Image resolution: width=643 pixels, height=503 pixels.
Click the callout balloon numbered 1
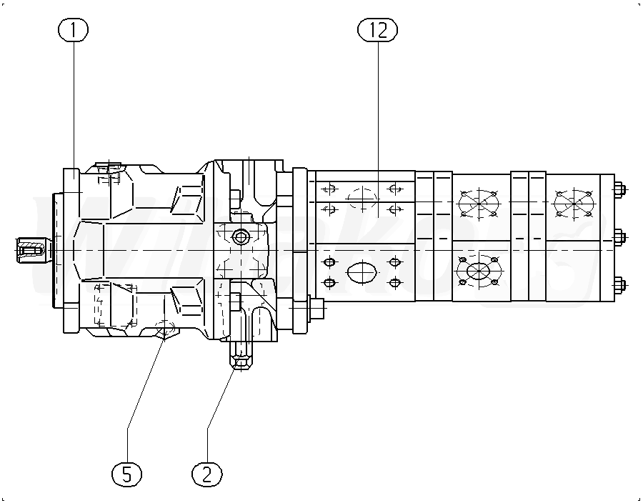tap(74, 30)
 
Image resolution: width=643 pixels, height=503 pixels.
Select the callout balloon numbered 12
tap(377, 30)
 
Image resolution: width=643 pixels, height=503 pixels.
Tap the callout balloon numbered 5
tap(127, 473)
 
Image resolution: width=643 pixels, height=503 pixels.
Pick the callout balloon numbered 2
tap(207, 473)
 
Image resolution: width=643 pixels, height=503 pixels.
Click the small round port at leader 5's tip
tap(164, 329)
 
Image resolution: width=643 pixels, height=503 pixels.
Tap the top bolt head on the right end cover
tap(619, 190)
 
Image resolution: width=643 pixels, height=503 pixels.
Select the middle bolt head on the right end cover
tap(619, 237)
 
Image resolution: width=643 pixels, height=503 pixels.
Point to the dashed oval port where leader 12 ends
tap(362, 196)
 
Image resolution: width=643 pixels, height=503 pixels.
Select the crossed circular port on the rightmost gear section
tap(572, 203)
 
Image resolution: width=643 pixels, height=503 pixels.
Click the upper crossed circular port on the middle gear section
tap(478, 203)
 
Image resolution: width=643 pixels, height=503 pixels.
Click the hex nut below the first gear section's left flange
tap(315, 308)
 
